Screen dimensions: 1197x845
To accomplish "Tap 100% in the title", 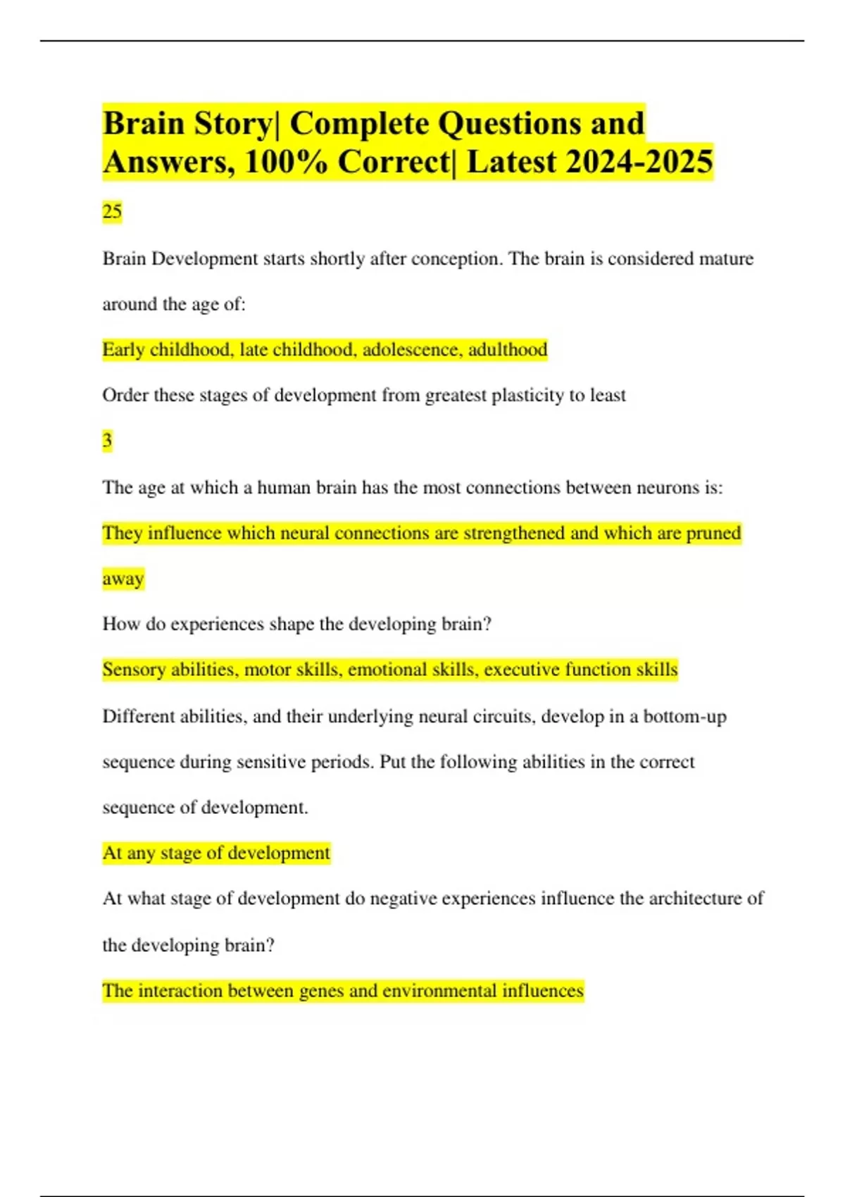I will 285,162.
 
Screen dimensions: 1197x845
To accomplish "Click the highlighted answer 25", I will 112,211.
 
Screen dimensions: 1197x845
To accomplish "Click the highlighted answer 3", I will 107,441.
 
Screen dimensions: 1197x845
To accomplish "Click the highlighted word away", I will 123,579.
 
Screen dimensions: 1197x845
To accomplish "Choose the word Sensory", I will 134,670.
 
